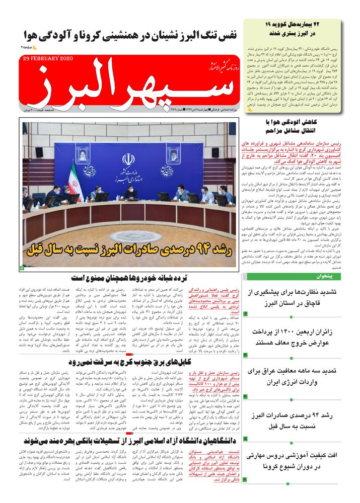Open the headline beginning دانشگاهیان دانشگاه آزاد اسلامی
[132, 441]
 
